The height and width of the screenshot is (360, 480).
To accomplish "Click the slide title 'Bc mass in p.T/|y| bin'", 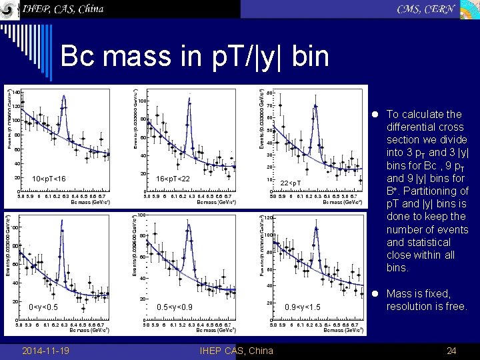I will point(195,57).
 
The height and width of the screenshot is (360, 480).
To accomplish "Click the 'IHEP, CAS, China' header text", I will point(63,9).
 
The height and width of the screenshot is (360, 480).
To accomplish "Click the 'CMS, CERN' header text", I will point(426,9).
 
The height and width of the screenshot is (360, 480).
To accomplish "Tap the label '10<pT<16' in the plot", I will point(49,179).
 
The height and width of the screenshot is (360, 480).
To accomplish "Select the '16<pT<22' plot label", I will point(173,179).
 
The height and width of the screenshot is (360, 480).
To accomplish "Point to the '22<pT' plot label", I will point(291,183).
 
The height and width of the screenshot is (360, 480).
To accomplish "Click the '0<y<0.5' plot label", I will point(44,307).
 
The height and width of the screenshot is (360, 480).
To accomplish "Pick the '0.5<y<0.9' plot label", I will point(175,307).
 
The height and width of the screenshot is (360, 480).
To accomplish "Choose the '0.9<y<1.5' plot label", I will point(303,307).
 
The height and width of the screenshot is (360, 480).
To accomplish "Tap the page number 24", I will point(451,351).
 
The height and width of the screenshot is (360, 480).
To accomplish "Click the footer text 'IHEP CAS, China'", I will point(236,351).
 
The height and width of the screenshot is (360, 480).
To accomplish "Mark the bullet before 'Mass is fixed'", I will point(377,294).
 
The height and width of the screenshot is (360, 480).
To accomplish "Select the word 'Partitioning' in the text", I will point(437,191).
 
